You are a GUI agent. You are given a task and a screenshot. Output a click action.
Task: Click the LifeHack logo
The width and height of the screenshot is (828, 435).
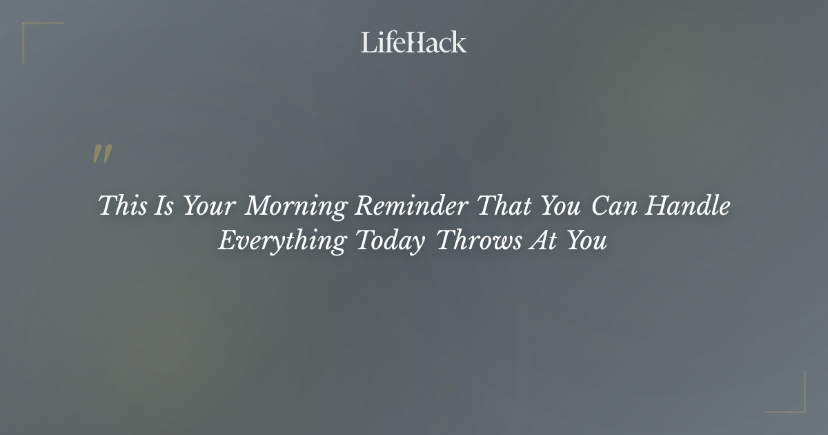coord(414,42)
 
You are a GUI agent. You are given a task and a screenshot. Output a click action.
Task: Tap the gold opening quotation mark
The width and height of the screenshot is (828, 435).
coord(102,155)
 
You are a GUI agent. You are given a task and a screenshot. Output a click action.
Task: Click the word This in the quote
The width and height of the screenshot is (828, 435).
coord(121,206)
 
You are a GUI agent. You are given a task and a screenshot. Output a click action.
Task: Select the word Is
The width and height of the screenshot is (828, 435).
coord(164,206)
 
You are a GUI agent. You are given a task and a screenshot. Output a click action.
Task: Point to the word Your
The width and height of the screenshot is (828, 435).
coord(208,206)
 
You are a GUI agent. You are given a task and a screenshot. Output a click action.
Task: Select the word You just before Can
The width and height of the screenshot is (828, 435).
coord(560,206)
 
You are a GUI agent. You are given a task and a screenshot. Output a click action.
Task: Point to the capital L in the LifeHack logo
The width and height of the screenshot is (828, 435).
coord(368,42)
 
